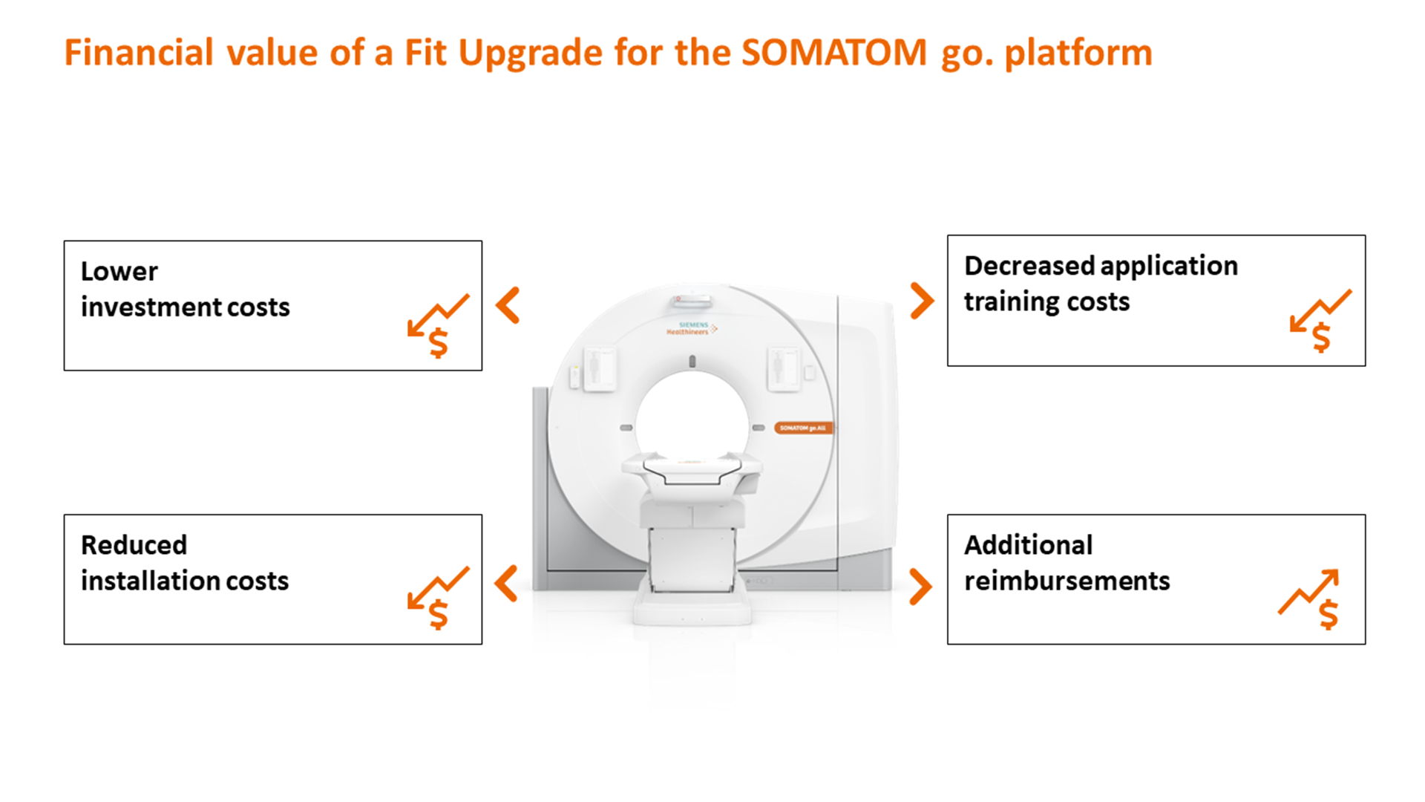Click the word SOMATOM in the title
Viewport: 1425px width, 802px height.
[x=833, y=53]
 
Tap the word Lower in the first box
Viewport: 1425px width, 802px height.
[x=119, y=272]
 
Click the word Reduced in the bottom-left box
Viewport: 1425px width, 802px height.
[x=134, y=545]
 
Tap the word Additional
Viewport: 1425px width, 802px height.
[x=1028, y=545]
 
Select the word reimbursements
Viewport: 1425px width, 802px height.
[x=1067, y=581]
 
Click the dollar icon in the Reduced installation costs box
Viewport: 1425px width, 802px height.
[x=439, y=599]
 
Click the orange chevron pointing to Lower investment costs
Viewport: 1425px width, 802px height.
[x=508, y=305]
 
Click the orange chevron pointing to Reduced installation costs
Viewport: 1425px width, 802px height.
[x=507, y=584]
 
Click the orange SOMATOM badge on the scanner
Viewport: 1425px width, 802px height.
[x=804, y=428]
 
